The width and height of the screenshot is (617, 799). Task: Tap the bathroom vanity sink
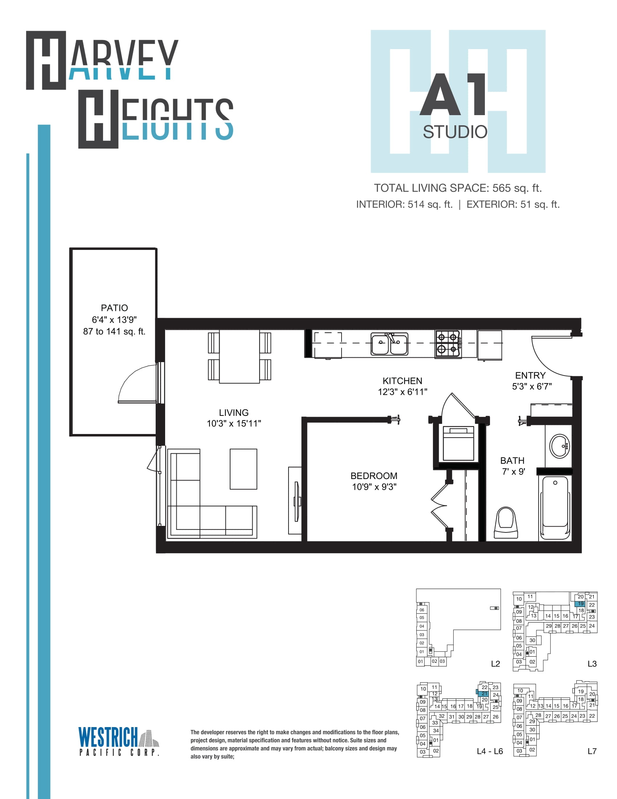tap(560, 446)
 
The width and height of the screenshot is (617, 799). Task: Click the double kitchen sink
tap(389, 344)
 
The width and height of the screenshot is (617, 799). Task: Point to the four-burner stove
tap(448, 344)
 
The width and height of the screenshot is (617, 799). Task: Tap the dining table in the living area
tap(240, 356)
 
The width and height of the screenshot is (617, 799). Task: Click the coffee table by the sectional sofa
tap(244, 469)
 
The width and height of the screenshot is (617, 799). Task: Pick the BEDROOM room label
tap(373, 476)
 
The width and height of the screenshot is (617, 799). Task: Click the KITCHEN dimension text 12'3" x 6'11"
tap(403, 392)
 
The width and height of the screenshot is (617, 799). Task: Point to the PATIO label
tap(114, 308)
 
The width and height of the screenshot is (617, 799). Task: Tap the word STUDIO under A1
tap(455, 132)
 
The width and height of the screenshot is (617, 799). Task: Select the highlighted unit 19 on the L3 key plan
tap(580, 604)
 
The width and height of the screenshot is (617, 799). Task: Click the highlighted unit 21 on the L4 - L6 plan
tap(484, 693)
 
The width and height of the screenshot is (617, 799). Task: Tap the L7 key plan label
tap(592, 751)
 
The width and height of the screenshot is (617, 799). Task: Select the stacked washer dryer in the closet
tap(458, 443)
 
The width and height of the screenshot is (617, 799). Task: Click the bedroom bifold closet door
tap(439, 506)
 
